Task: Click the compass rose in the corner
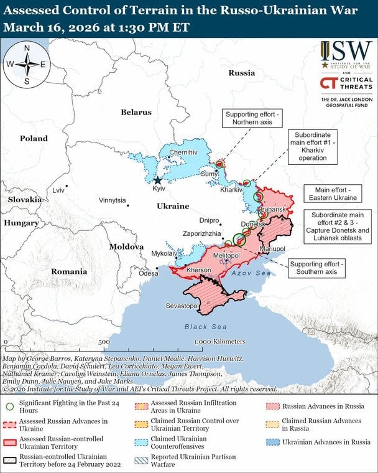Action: (x=27, y=64)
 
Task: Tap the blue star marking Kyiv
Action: (x=157, y=180)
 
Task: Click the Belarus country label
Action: (x=136, y=112)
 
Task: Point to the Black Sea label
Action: (x=206, y=327)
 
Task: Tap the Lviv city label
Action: (x=58, y=190)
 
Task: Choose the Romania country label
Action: (x=69, y=271)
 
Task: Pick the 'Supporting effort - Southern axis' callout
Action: (x=318, y=268)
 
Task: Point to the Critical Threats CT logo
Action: (x=330, y=83)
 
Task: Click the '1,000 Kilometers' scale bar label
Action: (x=219, y=342)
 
